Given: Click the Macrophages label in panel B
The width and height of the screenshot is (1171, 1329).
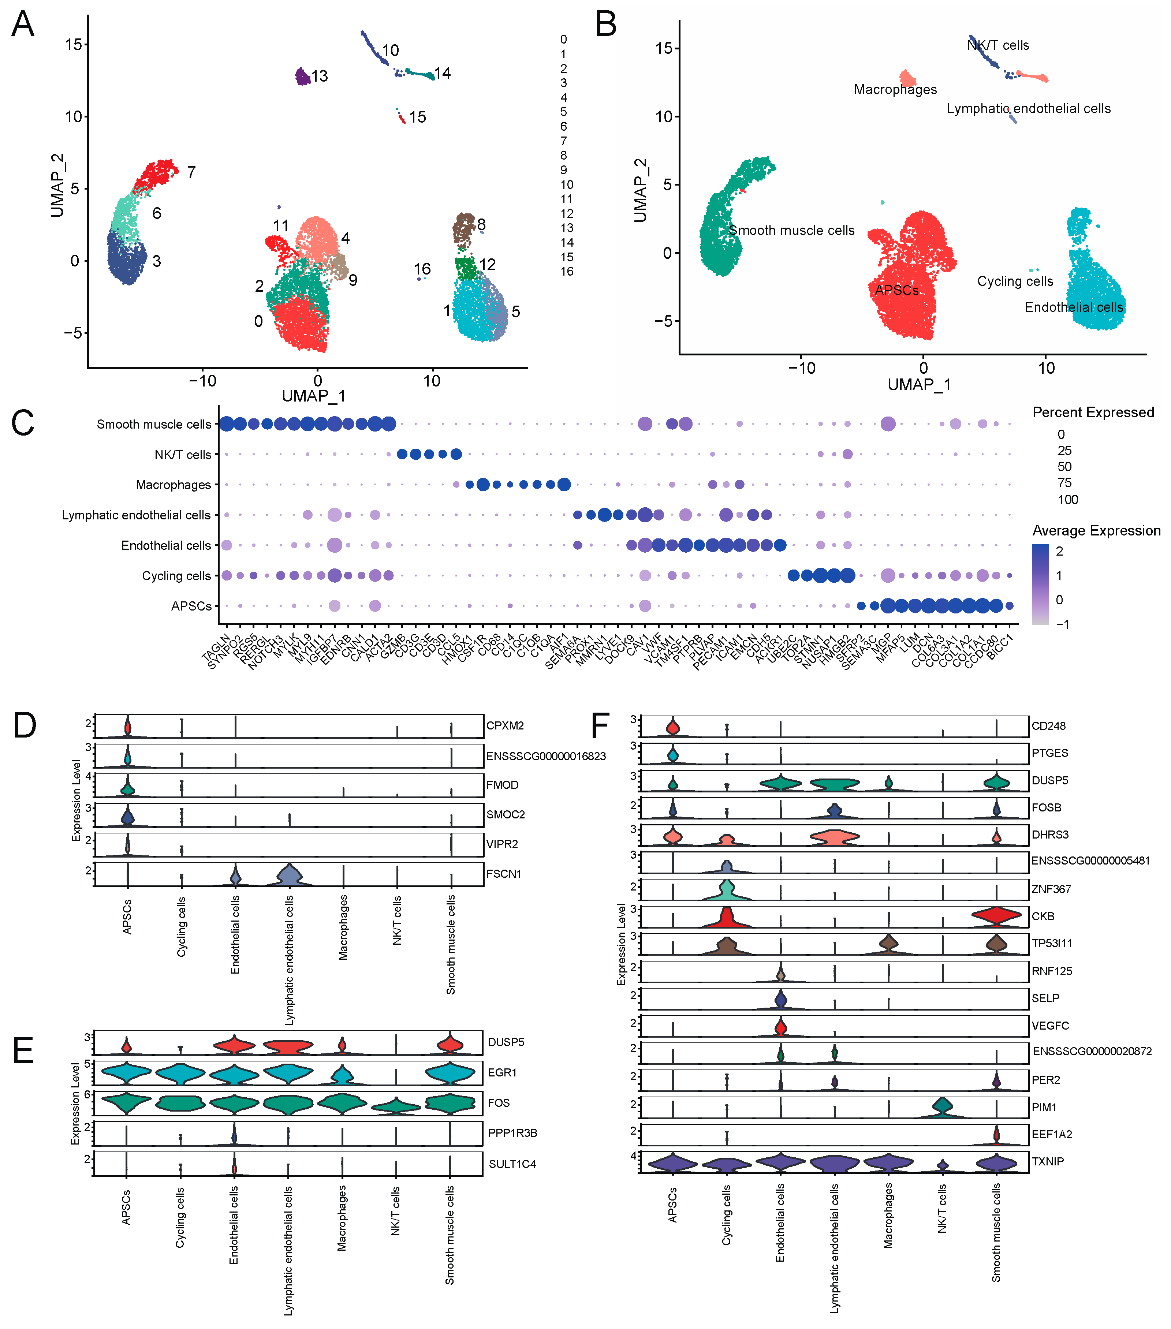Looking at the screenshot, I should point(895,90).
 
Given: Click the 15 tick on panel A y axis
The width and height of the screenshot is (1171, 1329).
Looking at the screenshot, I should point(74,45).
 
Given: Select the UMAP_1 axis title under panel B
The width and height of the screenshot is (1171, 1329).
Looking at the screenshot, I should point(919,385).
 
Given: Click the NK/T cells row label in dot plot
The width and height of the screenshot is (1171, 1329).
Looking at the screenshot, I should point(183,455).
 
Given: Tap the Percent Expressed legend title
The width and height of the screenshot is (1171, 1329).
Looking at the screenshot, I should point(1093,412).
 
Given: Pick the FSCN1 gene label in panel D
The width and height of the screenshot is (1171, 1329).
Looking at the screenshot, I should point(504,874).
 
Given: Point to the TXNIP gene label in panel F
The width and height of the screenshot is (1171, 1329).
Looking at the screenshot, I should point(1048,1162).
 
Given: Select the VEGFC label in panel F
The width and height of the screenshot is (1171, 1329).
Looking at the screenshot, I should point(1050,1025).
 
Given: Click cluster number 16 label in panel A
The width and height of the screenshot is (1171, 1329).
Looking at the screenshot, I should point(422,269).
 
